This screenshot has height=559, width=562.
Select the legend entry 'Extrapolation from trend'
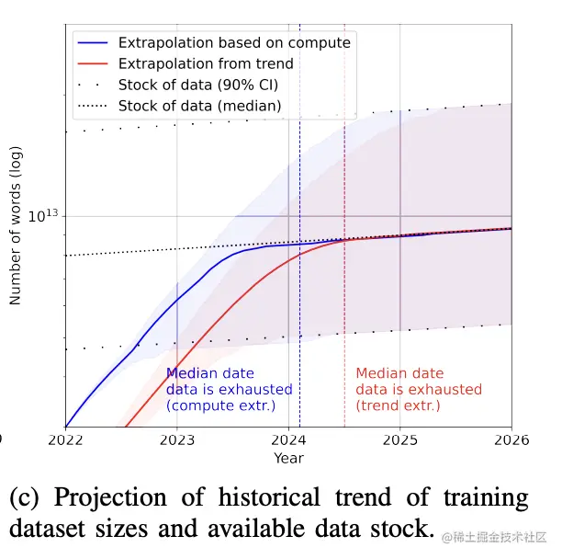coord(206,63)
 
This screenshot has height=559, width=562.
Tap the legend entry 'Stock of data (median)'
coord(199,106)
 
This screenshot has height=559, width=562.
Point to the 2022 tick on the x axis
coord(65,440)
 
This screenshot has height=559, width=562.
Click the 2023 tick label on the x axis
coord(177,440)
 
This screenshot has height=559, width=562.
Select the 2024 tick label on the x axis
coord(288,440)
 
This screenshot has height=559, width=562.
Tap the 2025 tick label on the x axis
coord(399,440)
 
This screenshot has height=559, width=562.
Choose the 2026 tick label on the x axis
coord(511,440)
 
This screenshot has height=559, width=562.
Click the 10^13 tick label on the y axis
coord(43,215)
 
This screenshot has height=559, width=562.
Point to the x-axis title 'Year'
coord(288,458)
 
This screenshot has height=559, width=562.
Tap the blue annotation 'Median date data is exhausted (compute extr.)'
coord(229,389)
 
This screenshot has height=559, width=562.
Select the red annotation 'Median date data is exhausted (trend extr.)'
coord(418,389)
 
